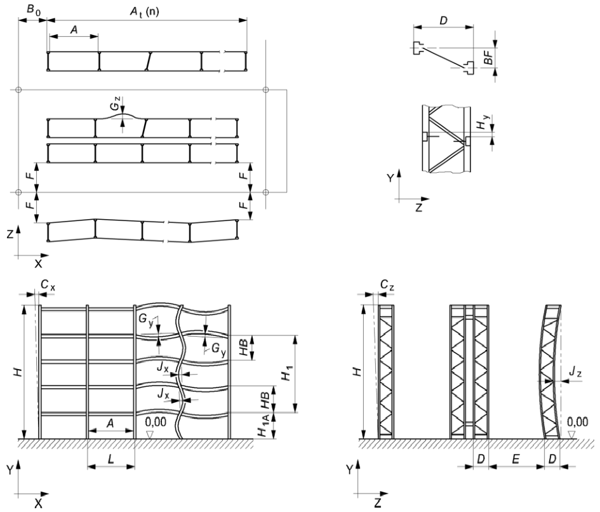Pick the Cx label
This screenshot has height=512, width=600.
click(x=47, y=287)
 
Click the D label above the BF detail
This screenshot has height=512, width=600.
click(x=443, y=20)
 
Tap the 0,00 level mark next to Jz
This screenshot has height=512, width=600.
click(x=577, y=421)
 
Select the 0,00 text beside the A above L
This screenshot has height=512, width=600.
click(x=155, y=421)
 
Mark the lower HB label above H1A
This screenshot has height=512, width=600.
click(x=262, y=398)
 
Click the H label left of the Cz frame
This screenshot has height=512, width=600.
click(x=357, y=371)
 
